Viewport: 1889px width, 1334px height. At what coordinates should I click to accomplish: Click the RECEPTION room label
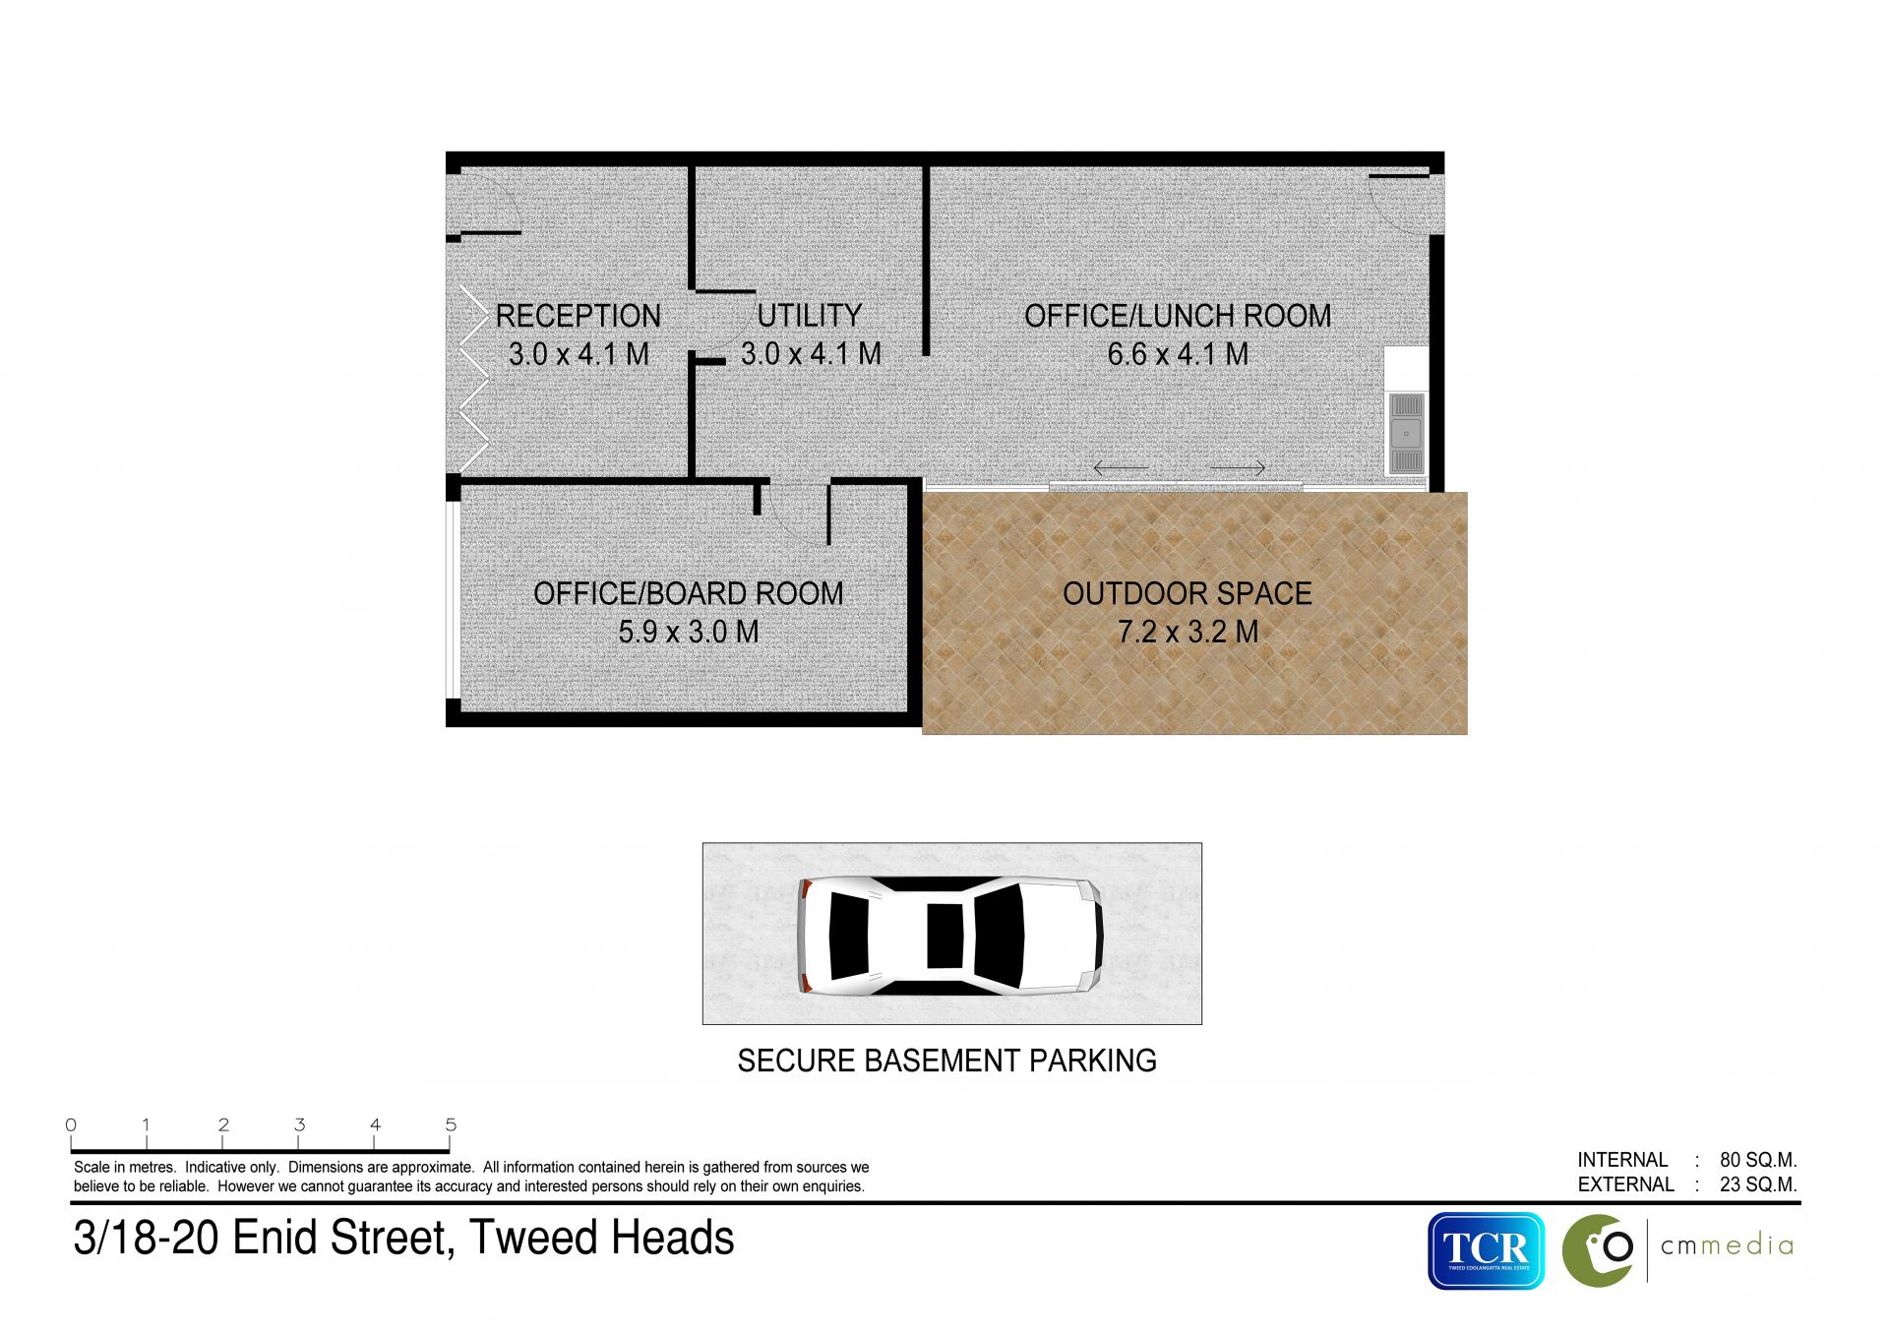(579, 316)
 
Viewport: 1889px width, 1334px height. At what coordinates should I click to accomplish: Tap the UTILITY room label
(810, 316)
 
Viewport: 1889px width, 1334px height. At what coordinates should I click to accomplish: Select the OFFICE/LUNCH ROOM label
(1178, 316)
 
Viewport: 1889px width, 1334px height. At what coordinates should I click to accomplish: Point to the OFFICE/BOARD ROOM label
(689, 593)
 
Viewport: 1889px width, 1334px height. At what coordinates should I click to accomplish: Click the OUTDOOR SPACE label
(1188, 593)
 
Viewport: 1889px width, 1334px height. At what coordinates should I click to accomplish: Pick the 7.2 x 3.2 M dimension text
(1188, 632)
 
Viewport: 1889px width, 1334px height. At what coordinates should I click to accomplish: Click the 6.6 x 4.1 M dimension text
(1178, 354)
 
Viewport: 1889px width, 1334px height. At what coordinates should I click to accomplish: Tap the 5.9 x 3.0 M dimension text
(689, 632)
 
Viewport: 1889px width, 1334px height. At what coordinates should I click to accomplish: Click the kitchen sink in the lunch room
(1406, 433)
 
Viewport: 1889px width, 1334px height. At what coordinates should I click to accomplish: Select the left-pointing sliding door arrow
(1121, 467)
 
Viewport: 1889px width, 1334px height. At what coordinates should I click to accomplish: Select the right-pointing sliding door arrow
(1238, 467)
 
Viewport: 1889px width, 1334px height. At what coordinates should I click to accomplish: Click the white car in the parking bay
(949, 935)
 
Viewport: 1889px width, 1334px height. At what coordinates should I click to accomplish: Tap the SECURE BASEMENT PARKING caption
(946, 1061)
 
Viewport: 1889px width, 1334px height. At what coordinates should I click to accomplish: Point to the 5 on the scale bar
(451, 1124)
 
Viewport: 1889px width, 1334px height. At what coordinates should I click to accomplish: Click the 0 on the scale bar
(71, 1124)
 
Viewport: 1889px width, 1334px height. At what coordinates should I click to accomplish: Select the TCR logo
(1486, 1250)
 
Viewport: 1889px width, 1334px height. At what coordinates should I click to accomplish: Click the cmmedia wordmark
(1727, 1246)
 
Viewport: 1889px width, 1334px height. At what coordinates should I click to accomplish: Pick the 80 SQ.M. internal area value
(1758, 1160)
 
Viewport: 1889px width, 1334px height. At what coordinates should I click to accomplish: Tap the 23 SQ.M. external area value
(1758, 1184)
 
